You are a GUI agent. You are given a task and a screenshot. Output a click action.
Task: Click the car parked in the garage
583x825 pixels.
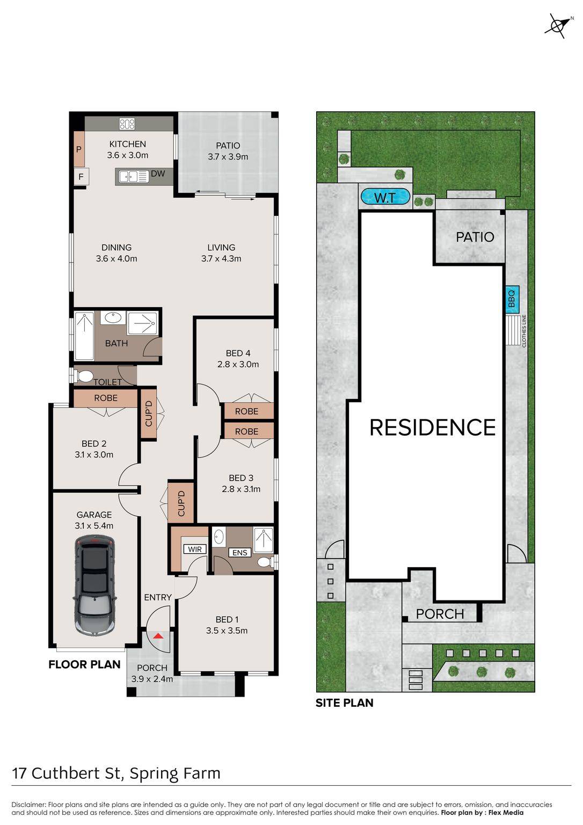[94, 585]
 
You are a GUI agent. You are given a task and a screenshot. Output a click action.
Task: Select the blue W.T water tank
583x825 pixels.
[385, 198]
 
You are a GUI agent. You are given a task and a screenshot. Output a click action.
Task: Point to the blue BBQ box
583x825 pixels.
[512, 299]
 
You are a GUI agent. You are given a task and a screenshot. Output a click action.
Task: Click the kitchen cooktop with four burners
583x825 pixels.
[127, 124]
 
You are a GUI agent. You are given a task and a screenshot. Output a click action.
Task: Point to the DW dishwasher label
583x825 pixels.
[158, 173]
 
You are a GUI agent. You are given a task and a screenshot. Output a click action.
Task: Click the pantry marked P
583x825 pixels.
[79, 149]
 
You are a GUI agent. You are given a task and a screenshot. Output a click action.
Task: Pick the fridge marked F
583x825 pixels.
[81, 177]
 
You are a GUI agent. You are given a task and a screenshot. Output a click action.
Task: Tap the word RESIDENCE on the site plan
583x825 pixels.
[433, 427]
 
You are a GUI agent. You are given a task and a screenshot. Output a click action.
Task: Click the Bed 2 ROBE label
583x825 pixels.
[106, 398]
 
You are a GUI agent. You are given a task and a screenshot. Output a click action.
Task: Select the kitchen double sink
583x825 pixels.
[134, 177]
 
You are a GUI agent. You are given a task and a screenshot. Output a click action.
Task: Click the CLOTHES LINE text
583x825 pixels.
[524, 331]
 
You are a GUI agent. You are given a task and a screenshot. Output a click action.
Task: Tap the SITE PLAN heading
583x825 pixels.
[345, 703]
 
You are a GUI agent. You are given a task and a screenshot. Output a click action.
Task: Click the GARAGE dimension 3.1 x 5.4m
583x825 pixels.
[94, 526]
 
